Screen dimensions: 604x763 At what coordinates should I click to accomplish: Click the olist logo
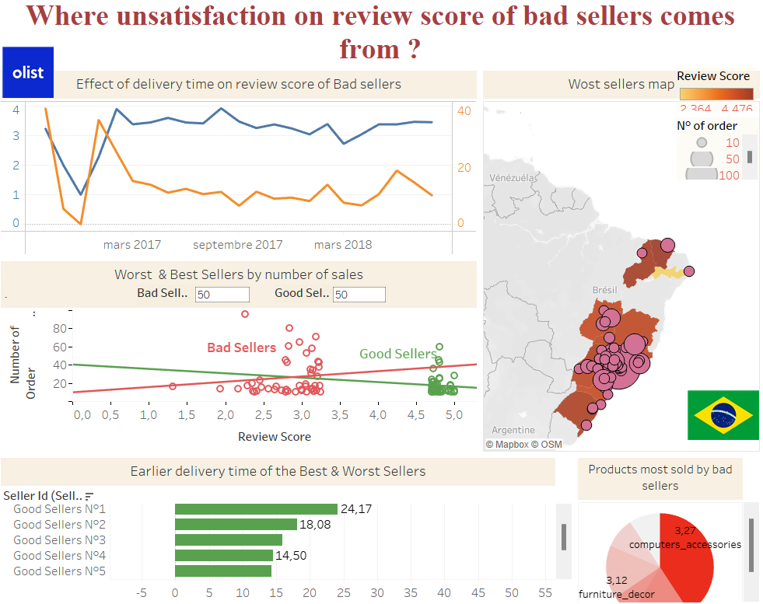(28, 72)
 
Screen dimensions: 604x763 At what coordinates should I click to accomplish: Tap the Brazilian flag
(723, 415)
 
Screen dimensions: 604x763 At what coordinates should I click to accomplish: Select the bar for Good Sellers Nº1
(256, 509)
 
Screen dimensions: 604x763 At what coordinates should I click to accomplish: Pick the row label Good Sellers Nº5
(59, 571)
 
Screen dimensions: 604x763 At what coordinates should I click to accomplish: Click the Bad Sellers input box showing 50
(222, 295)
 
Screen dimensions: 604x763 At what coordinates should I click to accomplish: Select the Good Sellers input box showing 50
(359, 295)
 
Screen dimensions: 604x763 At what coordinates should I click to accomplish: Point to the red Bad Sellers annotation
(241, 347)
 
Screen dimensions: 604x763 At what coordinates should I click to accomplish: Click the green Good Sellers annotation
(397, 354)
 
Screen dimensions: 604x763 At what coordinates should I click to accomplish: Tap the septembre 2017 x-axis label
(237, 245)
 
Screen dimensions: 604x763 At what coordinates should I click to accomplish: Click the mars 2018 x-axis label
(343, 245)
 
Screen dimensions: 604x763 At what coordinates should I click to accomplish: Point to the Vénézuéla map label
(513, 178)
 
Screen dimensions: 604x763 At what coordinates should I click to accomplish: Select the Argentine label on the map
(513, 430)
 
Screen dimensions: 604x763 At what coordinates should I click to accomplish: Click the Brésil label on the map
(604, 289)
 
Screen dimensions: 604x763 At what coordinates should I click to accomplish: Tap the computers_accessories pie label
(685, 544)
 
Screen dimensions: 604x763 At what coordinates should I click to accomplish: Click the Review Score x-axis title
(274, 437)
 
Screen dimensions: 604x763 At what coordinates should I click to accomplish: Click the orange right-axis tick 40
(464, 111)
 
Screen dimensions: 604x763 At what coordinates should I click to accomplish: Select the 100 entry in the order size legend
(729, 175)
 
